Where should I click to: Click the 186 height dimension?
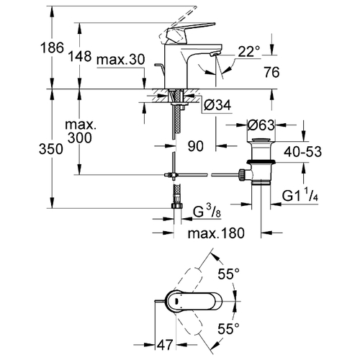pyautogui.click(x=52, y=48)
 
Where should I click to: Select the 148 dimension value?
pyautogui.click(x=80, y=56)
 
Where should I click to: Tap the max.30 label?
pyautogui.click(x=121, y=59)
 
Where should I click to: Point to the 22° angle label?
pyautogui.click(x=249, y=52)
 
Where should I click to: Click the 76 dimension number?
pyautogui.click(x=272, y=72)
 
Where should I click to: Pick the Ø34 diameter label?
pyautogui.click(x=217, y=105)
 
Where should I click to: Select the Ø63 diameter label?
pyautogui.click(x=261, y=125)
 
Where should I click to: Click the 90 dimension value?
pyautogui.click(x=196, y=146)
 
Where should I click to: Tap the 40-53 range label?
pyautogui.click(x=302, y=152)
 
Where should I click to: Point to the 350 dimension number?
pyautogui.click(x=51, y=149)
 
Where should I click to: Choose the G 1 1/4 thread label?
pyautogui.click(x=300, y=195)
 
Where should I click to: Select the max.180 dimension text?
pyautogui.click(x=216, y=233)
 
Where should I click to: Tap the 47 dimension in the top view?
pyautogui.click(x=165, y=345)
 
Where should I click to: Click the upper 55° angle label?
pyautogui.click(x=229, y=274)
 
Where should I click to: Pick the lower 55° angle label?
pyautogui.click(x=229, y=328)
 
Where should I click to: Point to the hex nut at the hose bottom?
pyautogui.click(x=177, y=206)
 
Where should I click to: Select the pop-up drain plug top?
pyautogui.click(x=261, y=140)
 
